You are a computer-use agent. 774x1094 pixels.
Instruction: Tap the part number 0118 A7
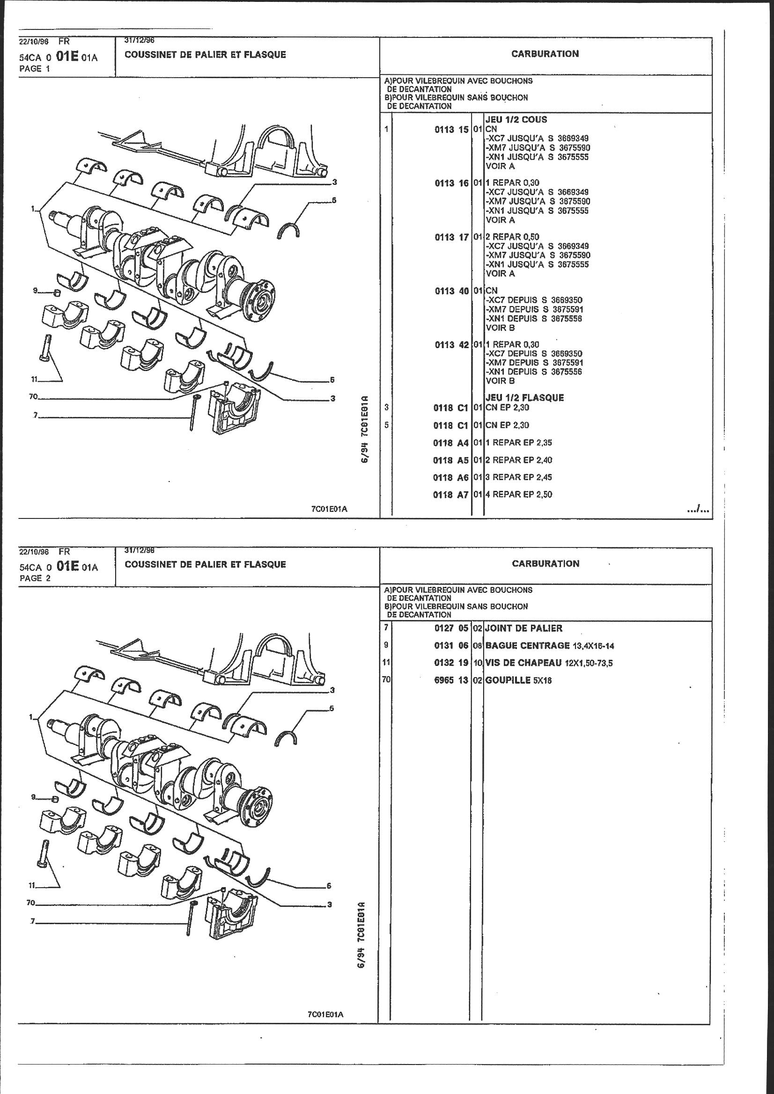click(450, 495)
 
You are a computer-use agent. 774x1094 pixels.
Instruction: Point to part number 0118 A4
click(450, 443)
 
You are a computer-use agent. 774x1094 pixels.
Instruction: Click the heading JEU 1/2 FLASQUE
click(524, 398)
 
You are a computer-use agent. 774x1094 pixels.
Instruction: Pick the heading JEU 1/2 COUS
click(516, 120)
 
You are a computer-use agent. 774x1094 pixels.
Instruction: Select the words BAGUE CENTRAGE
click(527, 646)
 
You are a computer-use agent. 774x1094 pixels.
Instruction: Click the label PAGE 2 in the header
click(34, 578)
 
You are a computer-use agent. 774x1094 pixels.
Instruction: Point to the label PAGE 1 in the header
click(34, 69)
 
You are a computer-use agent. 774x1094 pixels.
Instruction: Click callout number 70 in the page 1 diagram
click(33, 396)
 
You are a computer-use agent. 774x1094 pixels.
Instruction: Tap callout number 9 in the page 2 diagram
click(34, 797)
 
